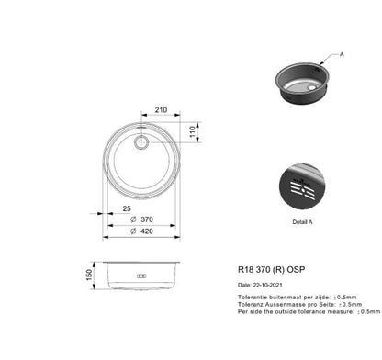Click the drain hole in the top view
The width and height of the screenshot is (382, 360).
pos(142,143)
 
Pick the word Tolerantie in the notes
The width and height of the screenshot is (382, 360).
pos(253,298)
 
